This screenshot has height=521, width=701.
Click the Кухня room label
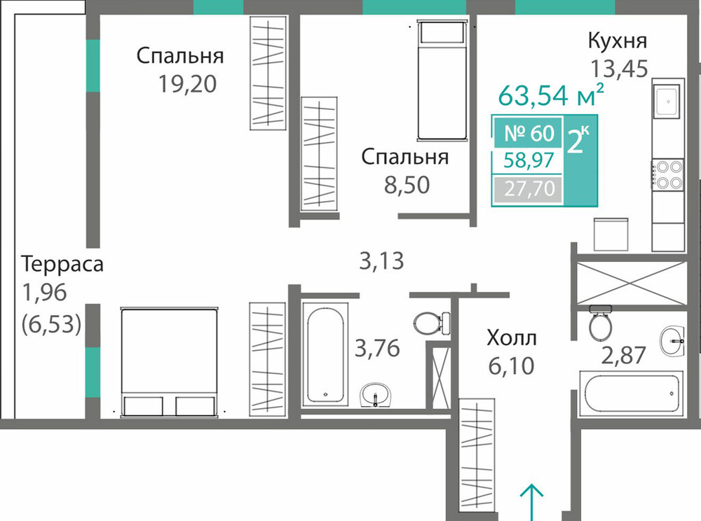tap(617, 41)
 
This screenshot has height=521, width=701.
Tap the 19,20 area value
tap(188, 84)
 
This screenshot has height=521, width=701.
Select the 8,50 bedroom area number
tap(407, 185)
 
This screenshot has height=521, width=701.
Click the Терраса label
tap(62, 264)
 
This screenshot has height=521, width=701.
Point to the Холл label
tap(512, 338)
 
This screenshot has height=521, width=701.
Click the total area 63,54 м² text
tap(551, 95)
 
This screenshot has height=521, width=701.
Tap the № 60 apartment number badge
tap(529, 133)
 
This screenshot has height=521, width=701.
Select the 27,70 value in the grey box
tap(529, 188)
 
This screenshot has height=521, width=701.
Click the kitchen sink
tap(668, 101)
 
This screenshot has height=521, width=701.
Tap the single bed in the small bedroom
tap(442, 80)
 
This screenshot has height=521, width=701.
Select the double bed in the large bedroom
tap(169, 361)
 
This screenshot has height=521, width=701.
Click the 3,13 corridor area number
tap(381, 261)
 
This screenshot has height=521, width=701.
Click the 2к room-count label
tap(578, 141)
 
